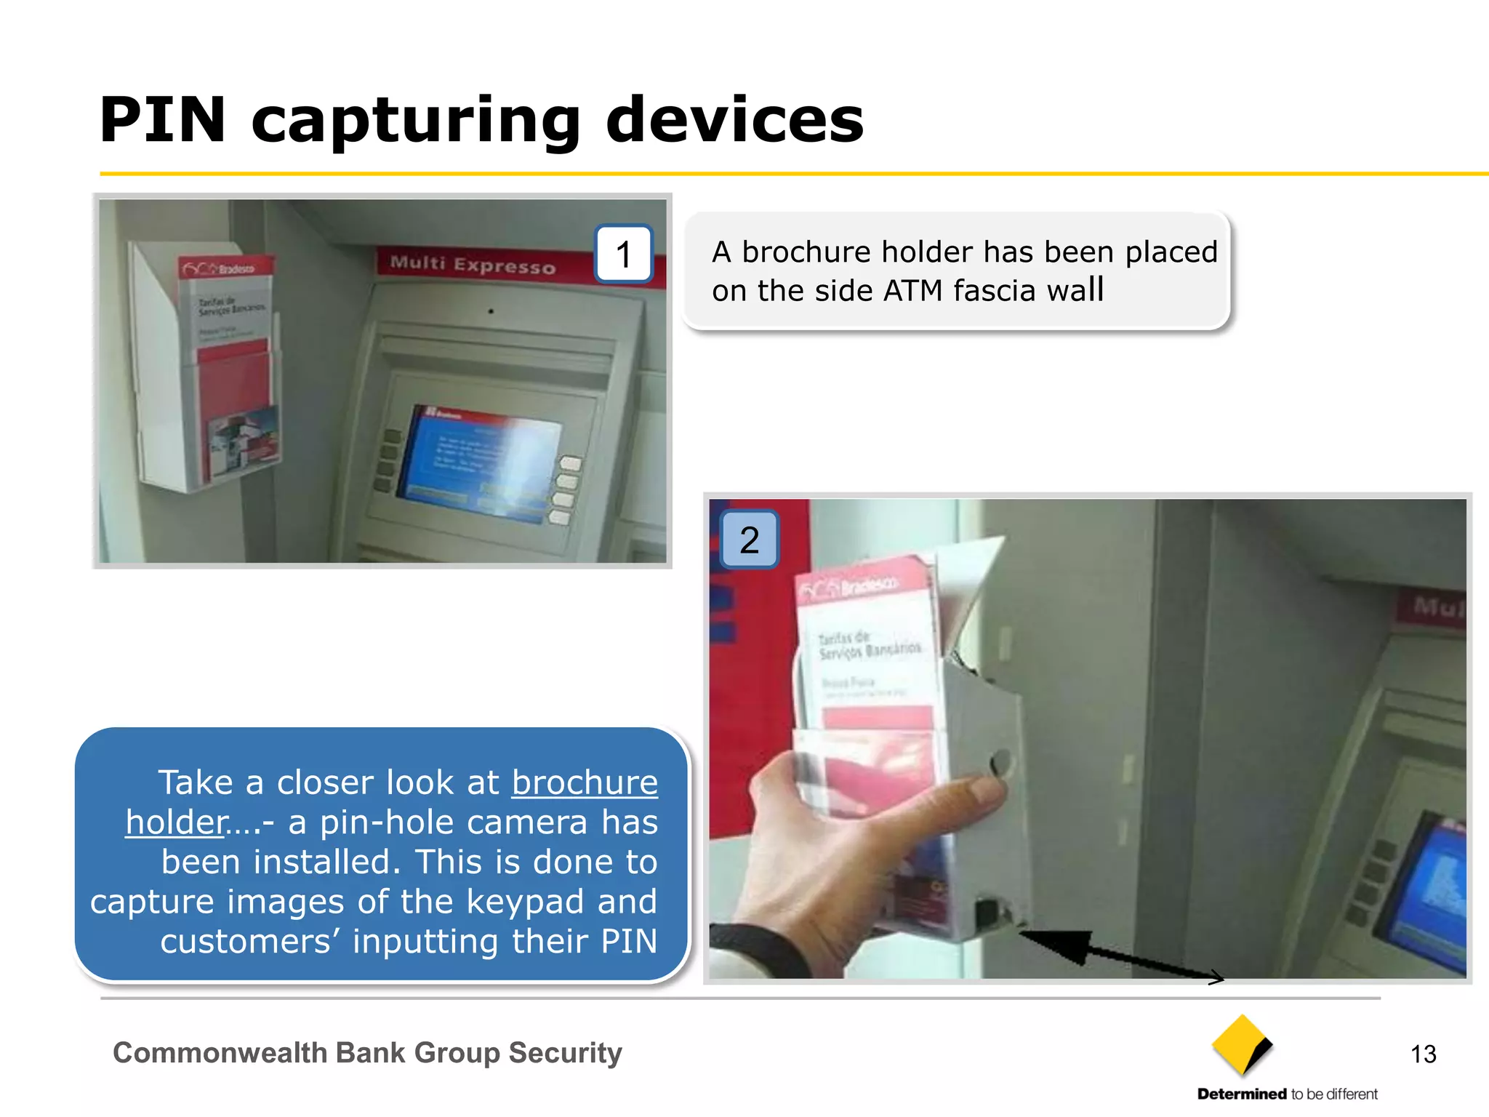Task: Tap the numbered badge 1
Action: coord(623,254)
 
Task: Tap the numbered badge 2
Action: coord(749,540)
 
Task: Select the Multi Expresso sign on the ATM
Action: coord(473,264)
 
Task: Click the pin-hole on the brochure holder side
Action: coord(1001,762)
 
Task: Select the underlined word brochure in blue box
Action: coord(585,782)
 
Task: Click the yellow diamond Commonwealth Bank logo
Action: coord(1241,1045)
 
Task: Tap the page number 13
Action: coord(1423,1054)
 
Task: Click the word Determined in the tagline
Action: coord(1242,1094)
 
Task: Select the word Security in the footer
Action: coord(565,1053)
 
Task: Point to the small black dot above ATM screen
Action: coord(491,311)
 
